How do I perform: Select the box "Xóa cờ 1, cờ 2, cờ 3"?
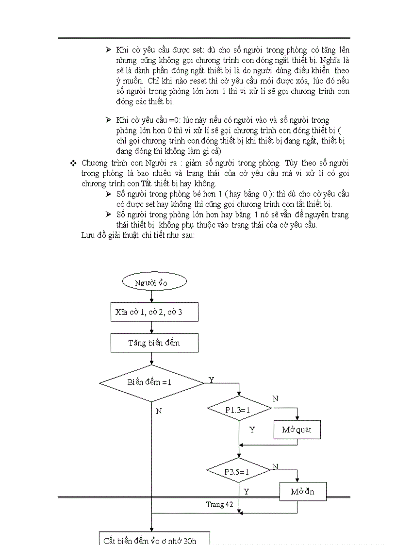pyautogui.click(x=154, y=312)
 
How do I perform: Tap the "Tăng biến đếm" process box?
pyautogui.click(x=154, y=343)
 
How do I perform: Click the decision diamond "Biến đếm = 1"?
pyautogui.click(x=151, y=383)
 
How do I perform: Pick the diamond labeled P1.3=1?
pyautogui.click(x=239, y=409)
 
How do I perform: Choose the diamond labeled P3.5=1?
pyautogui.click(x=238, y=471)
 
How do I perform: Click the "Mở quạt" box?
pyautogui.click(x=297, y=429)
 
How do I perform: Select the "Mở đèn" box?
pyautogui.click(x=303, y=491)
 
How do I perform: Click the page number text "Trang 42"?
pyautogui.click(x=219, y=504)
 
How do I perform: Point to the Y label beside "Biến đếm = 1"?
pyautogui.click(x=211, y=379)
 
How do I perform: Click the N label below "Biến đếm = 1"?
pyautogui.click(x=159, y=411)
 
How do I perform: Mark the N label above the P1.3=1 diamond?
pyautogui.click(x=275, y=398)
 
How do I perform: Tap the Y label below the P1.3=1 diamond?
pyautogui.click(x=252, y=429)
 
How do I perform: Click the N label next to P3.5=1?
pyautogui.click(x=275, y=466)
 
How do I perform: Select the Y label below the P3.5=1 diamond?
pyautogui.click(x=246, y=492)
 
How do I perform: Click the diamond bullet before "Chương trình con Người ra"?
pyautogui.click(x=74, y=163)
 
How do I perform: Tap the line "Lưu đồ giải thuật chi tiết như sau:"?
pyautogui.click(x=138, y=235)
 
